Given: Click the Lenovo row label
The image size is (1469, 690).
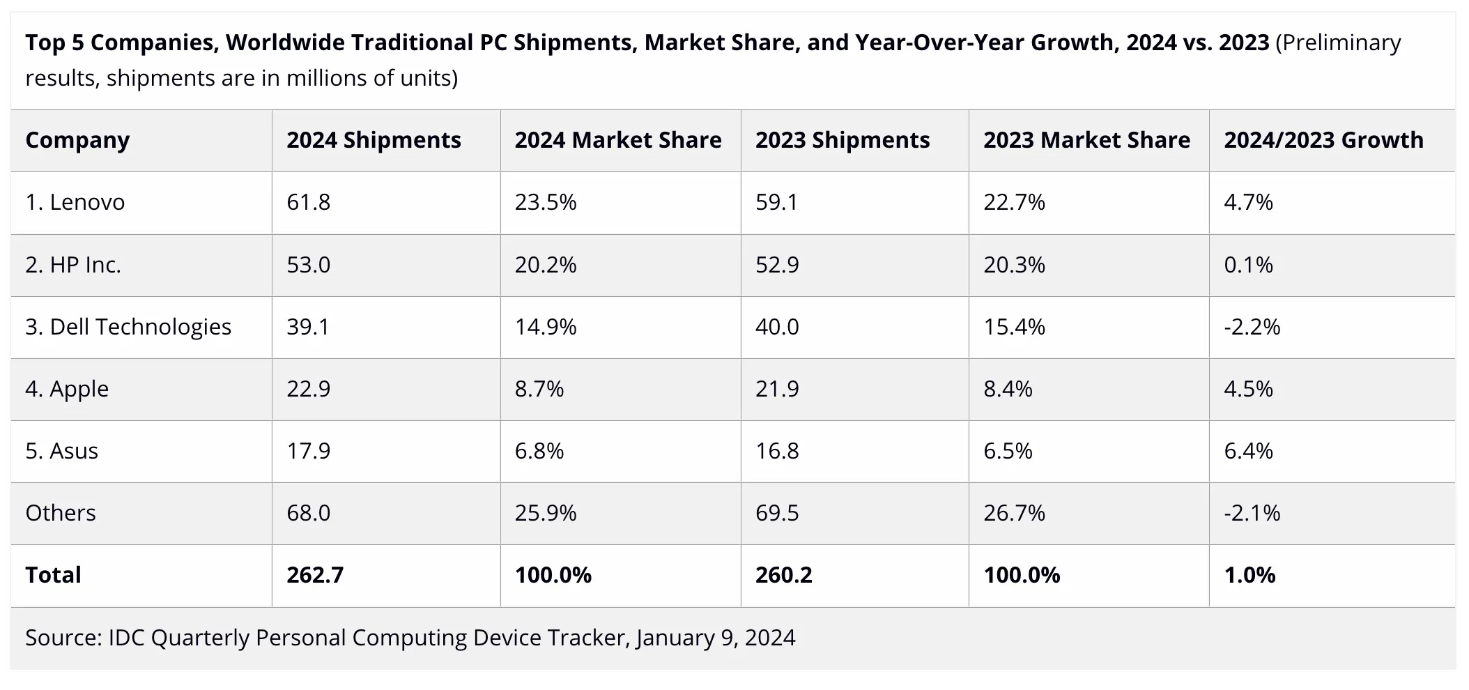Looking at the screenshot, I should [75, 202].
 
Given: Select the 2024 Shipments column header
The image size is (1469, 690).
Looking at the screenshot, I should [374, 140].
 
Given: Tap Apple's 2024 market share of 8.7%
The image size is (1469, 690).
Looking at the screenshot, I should [539, 388].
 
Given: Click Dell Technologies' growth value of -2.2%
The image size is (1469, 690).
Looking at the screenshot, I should [1252, 326].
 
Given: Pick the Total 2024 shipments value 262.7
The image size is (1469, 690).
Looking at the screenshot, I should [315, 575].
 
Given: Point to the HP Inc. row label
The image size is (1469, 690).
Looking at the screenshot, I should [73, 265].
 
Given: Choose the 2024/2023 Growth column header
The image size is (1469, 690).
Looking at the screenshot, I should [1323, 140].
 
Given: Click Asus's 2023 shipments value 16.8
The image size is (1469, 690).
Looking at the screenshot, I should [777, 451].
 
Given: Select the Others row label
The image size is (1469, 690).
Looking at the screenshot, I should [61, 513].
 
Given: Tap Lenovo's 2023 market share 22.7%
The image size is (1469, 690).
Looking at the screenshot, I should [1014, 202].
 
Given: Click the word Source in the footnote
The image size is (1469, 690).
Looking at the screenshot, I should [63, 638].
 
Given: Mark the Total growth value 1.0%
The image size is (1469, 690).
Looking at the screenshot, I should [1249, 575].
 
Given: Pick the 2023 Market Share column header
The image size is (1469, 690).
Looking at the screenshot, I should [1086, 140].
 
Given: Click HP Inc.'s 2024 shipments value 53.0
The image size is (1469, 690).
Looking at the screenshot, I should [309, 265].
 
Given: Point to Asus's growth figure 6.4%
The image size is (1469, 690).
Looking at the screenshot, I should [1248, 451].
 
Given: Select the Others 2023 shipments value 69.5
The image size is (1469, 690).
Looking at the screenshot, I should [777, 513].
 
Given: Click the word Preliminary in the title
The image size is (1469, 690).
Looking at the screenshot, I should [1338, 43].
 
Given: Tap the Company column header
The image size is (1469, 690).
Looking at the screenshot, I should [77, 140].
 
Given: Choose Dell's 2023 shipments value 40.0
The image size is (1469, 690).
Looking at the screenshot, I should [777, 326].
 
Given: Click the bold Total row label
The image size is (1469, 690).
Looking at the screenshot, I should [54, 575].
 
